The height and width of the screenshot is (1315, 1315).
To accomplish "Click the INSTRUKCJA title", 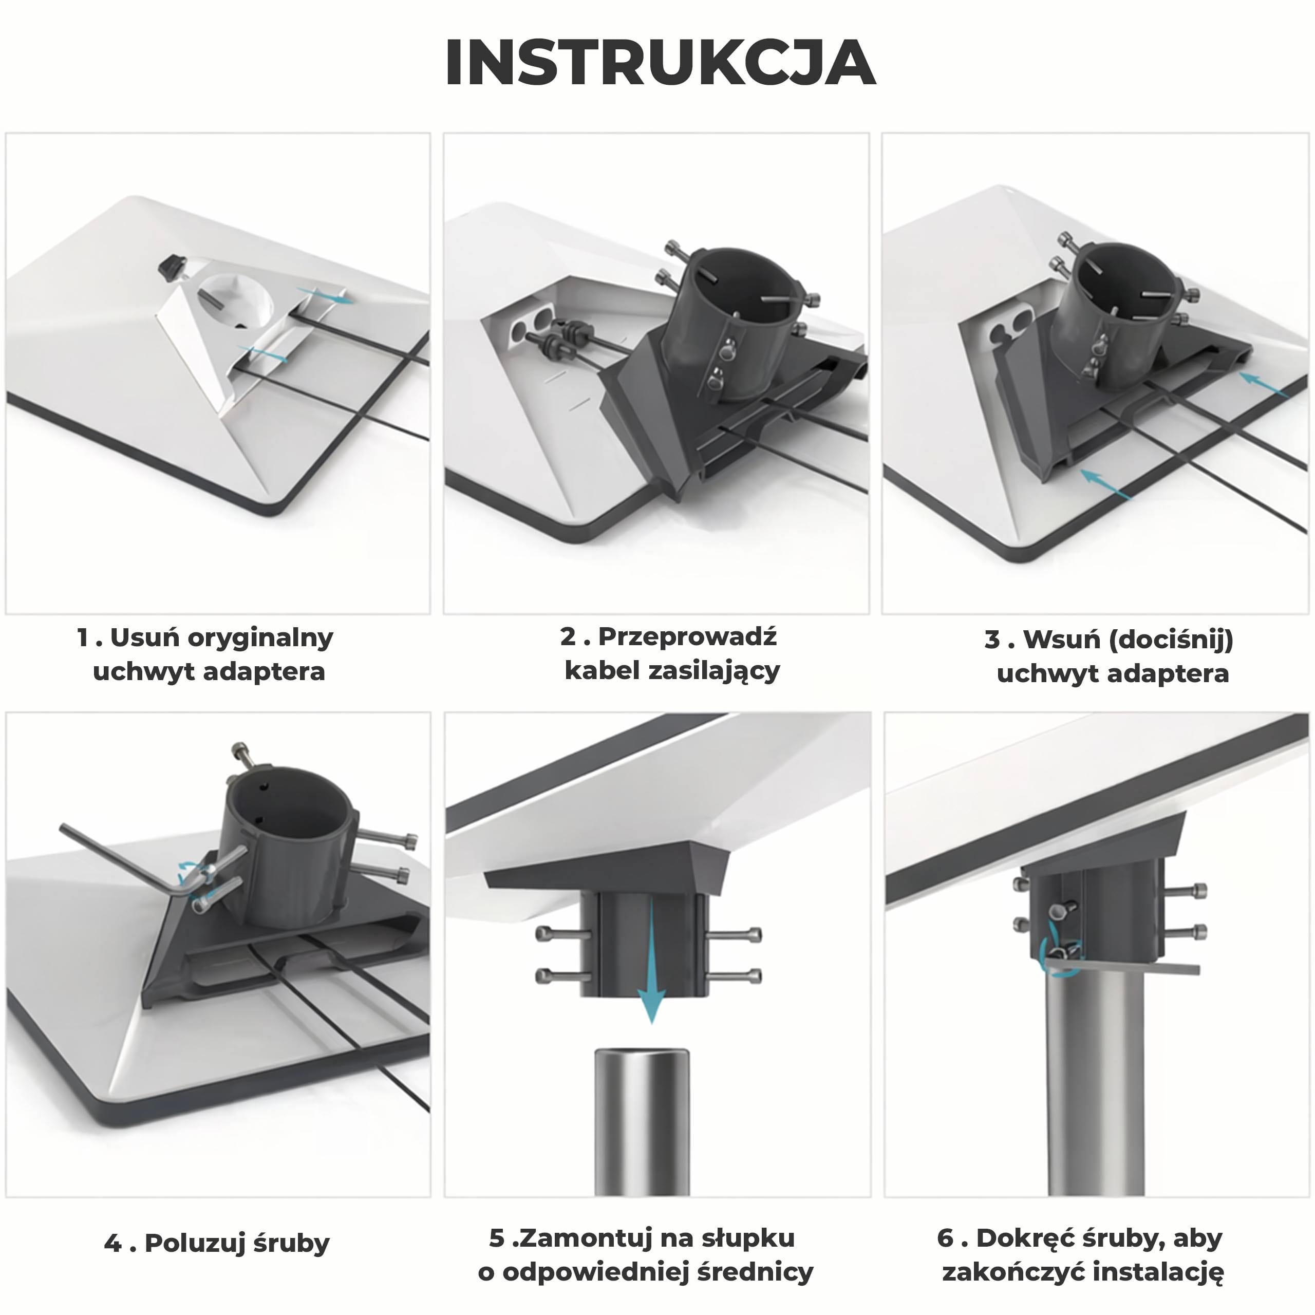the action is coord(660,63).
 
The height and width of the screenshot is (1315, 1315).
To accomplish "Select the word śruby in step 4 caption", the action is coord(291,1244).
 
